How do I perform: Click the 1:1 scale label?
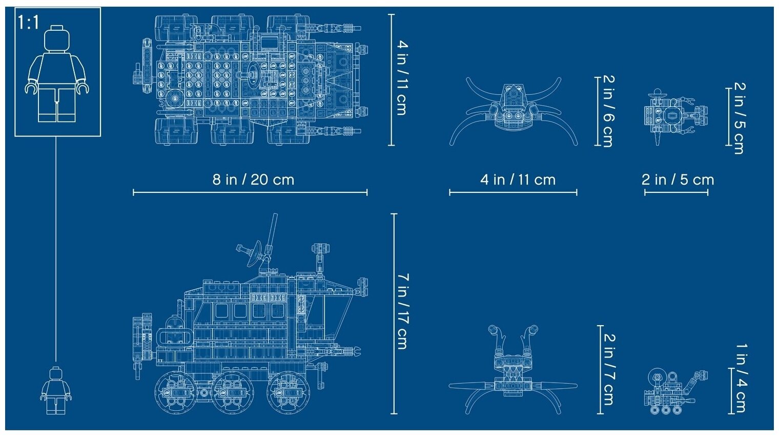[x=29, y=23]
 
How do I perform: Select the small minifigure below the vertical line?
[x=56, y=391]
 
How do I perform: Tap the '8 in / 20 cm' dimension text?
[x=253, y=180]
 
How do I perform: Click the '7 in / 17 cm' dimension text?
[x=403, y=311]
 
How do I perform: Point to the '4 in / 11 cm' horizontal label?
[x=518, y=180]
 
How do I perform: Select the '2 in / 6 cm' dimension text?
[x=609, y=111]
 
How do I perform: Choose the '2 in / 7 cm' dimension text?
[x=609, y=370]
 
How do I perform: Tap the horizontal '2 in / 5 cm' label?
[x=678, y=180]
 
